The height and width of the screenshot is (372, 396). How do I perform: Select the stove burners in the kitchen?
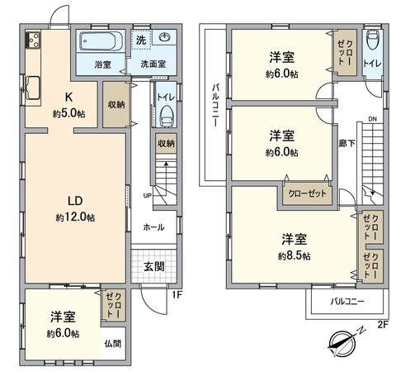(34, 39)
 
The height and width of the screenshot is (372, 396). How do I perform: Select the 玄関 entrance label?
(153, 266)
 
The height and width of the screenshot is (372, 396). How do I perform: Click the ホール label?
(153, 227)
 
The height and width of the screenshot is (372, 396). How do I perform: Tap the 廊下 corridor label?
(347, 143)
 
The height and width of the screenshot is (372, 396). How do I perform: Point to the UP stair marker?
(147, 196)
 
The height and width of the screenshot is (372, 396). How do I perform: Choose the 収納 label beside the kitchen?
(115, 105)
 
